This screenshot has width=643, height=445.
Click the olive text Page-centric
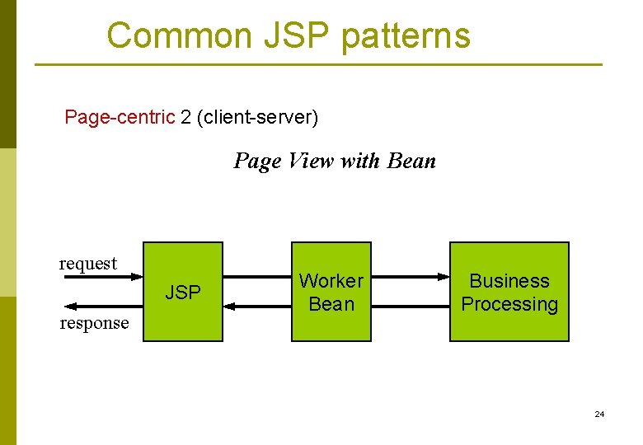click(120, 117)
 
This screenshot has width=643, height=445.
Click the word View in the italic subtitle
click(311, 161)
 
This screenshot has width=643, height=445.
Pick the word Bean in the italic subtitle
click(411, 161)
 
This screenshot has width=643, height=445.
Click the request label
click(88, 264)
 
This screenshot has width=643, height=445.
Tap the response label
click(94, 323)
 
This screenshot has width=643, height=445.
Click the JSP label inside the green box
click(183, 293)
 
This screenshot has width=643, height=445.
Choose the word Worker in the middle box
click(331, 281)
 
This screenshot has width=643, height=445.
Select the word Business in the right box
click(509, 281)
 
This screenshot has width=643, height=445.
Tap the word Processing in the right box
click(509, 304)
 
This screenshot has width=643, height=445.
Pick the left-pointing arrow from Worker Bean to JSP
click(256, 306)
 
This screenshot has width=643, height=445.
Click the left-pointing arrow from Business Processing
click(410, 306)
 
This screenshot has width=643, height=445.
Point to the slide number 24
click(599, 414)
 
